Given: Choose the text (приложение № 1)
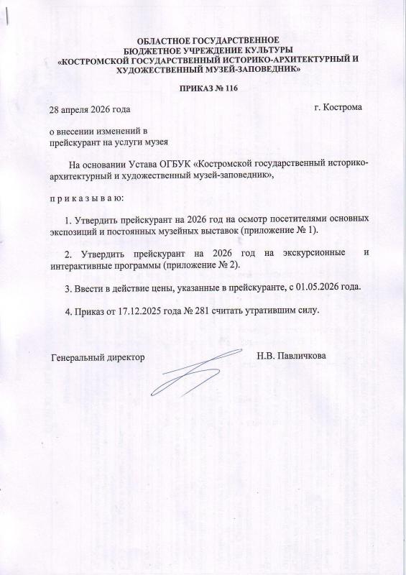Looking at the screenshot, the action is (x=284, y=230).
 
